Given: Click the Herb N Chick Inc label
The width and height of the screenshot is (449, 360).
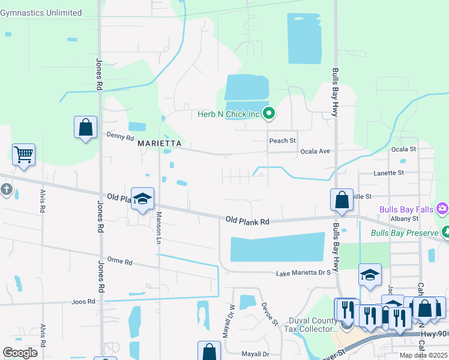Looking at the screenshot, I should click(x=229, y=113).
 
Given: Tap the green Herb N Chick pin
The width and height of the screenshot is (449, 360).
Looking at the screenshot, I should click(x=270, y=112).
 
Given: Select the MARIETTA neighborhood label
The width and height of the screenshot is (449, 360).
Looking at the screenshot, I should click(x=159, y=144).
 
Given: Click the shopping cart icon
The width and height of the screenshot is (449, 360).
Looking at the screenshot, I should click(x=23, y=154).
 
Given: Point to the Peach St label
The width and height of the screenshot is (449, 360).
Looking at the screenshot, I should click(x=283, y=141).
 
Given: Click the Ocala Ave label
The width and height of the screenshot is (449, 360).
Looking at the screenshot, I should click(x=315, y=151).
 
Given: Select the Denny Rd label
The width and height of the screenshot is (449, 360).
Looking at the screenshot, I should click(x=120, y=137).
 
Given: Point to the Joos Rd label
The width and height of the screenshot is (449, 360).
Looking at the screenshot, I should click(x=83, y=302).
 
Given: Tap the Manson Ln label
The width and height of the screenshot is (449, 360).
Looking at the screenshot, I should click(x=159, y=228).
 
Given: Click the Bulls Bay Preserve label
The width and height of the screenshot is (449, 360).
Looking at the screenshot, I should click(x=405, y=233).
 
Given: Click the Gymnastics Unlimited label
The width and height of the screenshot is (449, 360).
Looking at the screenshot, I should click(x=41, y=13).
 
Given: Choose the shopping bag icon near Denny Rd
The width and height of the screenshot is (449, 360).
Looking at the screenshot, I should click(x=86, y=127).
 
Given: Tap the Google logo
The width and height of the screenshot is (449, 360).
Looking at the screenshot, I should click(x=20, y=353).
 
